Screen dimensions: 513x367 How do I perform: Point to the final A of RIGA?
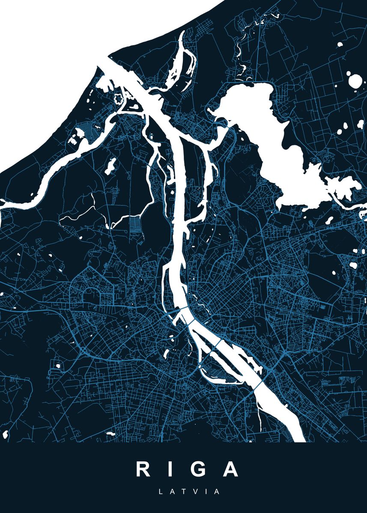click(x=230, y=469)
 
